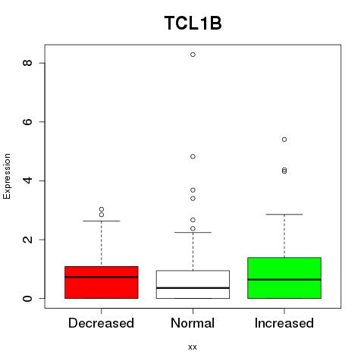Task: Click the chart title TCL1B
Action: click(x=193, y=24)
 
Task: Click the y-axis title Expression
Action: click(x=7, y=176)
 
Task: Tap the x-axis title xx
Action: click(x=193, y=347)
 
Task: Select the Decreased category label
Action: click(x=101, y=323)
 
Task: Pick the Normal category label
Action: click(x=193, y=323)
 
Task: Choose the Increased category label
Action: click(x=284, y=323)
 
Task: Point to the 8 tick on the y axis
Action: click(x=28, y=63)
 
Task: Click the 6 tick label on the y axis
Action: click(x=28, y=121)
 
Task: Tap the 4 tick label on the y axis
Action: click(x=28, y=180)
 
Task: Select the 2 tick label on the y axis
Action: click(x=28, y=240)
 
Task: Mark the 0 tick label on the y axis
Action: click(x=28, y=298)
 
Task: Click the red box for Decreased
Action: click(x=102, y=282)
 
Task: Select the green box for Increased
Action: click(x=284, y=278)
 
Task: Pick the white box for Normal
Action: click(x=193, y=284)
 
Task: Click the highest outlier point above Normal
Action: click(x=193, y=55)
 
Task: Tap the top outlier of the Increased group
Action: click(x=284, y=140)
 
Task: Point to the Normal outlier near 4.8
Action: click(x=193, y=156)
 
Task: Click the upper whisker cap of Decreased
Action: click(x=102, y=221)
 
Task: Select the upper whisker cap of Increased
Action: click(x=284, y=215)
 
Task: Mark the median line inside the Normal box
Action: click(x=193, y=288)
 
